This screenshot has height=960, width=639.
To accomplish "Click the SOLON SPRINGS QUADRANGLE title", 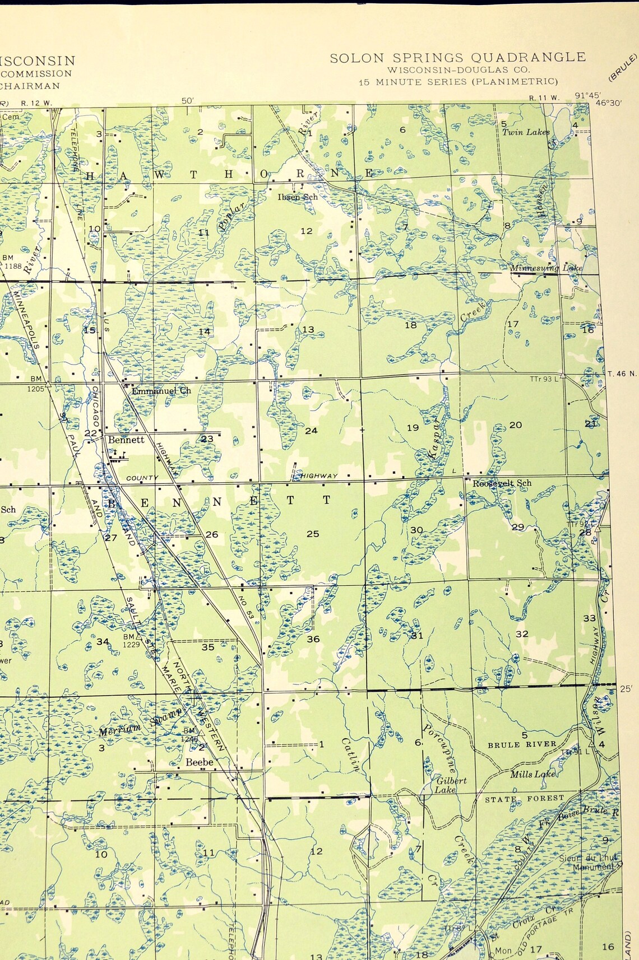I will (x=457, y=57).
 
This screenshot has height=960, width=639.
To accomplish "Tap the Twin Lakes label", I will (x=525, y=132).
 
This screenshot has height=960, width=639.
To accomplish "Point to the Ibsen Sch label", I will (x=298, y=197).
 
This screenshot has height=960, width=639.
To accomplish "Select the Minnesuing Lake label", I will (x=546, y=268).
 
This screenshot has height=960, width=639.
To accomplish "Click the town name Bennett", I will (x=126, y=440).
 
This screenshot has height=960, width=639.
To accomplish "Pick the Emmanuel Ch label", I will (x=161, y=391).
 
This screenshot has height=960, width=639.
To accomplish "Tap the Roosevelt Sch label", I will (x=502, y=483).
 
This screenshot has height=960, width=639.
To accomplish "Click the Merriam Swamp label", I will (x=140, y=724).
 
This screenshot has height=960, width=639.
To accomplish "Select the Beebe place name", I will (x=200, y=762).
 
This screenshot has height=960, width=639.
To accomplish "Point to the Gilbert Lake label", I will (x=450, y=785).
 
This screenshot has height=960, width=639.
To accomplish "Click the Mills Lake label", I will (x=532, y=774).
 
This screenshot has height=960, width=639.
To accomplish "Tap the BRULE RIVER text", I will (x=522, y=744).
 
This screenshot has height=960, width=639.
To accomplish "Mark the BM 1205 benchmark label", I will (x=36, y=384).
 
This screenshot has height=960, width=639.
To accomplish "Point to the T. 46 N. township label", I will (x=622, y=374).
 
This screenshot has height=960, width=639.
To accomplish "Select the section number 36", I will (x=313, y=639).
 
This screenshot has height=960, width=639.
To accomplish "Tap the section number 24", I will (x=311, y=430).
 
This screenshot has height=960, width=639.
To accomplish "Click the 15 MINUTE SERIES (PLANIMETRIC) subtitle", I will (x=458, y=82).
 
